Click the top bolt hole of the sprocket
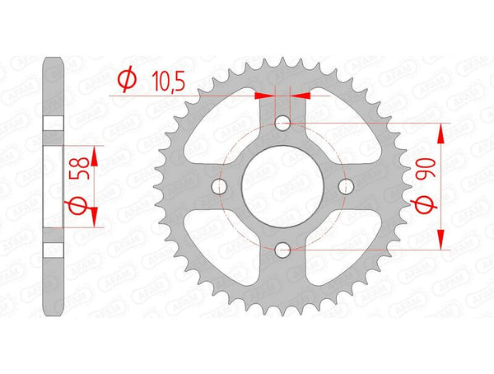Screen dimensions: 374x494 282,123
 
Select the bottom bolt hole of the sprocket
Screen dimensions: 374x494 282,250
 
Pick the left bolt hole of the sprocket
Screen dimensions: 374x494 219,186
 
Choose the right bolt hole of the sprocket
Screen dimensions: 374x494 346,186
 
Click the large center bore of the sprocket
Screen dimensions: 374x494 282,186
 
